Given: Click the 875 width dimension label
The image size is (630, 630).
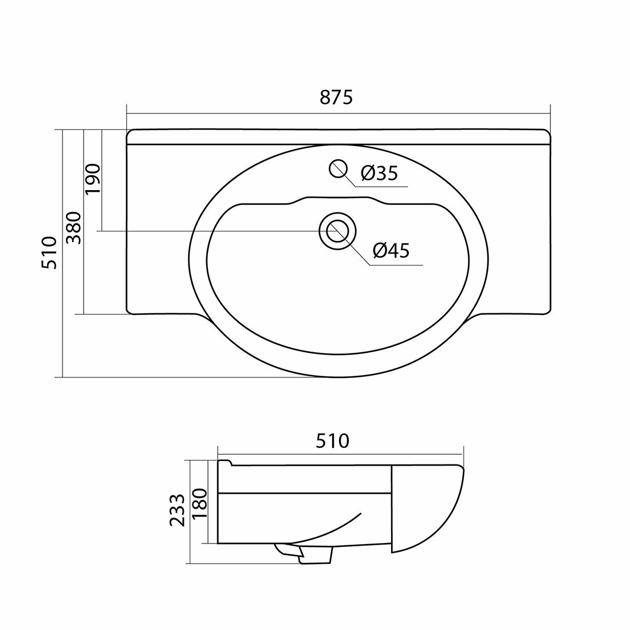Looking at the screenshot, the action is pyautogui.click(x=336, y=97).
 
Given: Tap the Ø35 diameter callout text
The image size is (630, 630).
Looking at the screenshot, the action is pyautogui.click(x=379, y=173).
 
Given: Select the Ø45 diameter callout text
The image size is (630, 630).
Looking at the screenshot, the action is pyautogui.click(x=391, y=251).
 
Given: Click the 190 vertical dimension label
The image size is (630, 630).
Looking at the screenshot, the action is pyautogui.click(x=93, y=178).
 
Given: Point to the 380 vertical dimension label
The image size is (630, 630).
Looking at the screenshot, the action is pyautogui.click(x=74, y=228).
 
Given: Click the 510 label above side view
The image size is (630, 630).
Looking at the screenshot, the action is pyautogui.click(x=332, y=441).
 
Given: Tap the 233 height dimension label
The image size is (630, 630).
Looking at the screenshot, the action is pyautogui.click(x=177, y=510).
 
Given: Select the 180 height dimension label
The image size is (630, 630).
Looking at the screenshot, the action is pyautogui.click(x=199, y=504).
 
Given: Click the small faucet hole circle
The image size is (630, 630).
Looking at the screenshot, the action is pyautogui.click(x=338, y=168).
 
